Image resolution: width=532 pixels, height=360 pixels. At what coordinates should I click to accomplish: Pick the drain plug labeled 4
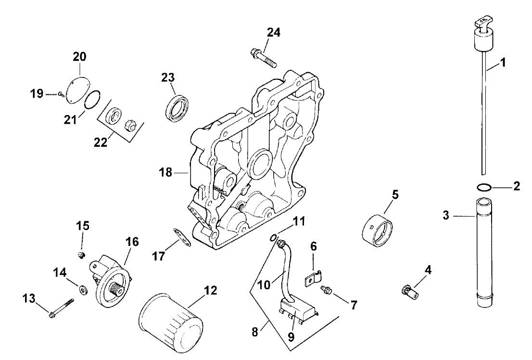coord(409,290)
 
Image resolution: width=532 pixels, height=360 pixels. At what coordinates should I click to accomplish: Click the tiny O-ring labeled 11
coord(273,237)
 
